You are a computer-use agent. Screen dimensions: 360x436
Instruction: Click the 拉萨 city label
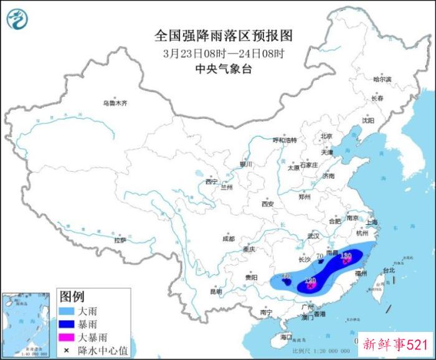pos(120,240)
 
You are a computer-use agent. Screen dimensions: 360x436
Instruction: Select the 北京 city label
pos(326,136)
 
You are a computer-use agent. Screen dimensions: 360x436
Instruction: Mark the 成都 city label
pos(228,239)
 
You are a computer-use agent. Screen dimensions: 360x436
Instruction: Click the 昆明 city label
pos(216,291)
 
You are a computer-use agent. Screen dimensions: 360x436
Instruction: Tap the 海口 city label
pos(287,336)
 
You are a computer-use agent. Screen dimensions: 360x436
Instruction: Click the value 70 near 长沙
pos(320,256)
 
